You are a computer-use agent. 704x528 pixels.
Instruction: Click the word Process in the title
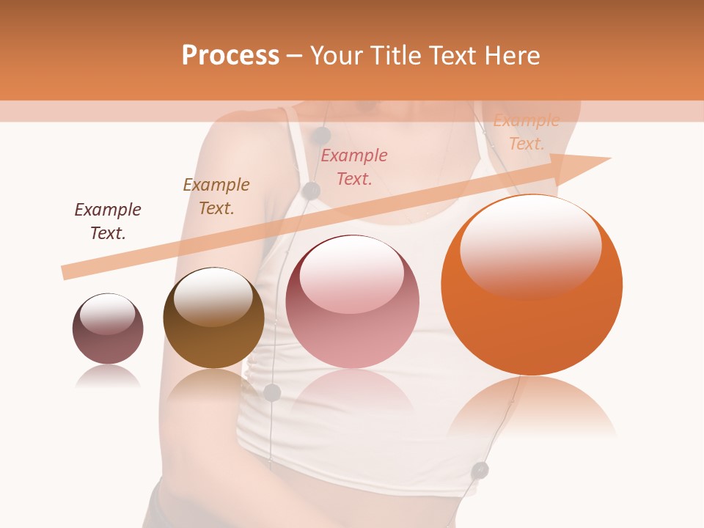230,55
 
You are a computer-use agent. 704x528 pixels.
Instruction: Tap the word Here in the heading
510,55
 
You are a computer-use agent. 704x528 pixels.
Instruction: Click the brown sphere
213,319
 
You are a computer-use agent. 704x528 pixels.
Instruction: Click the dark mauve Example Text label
108,221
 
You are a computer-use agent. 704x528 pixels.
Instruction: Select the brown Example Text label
216,197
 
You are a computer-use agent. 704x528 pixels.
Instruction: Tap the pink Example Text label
354,167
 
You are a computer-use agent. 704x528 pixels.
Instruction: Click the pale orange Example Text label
527,133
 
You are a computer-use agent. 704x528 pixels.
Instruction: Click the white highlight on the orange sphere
531,246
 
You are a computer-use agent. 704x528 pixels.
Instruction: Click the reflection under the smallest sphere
108,376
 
